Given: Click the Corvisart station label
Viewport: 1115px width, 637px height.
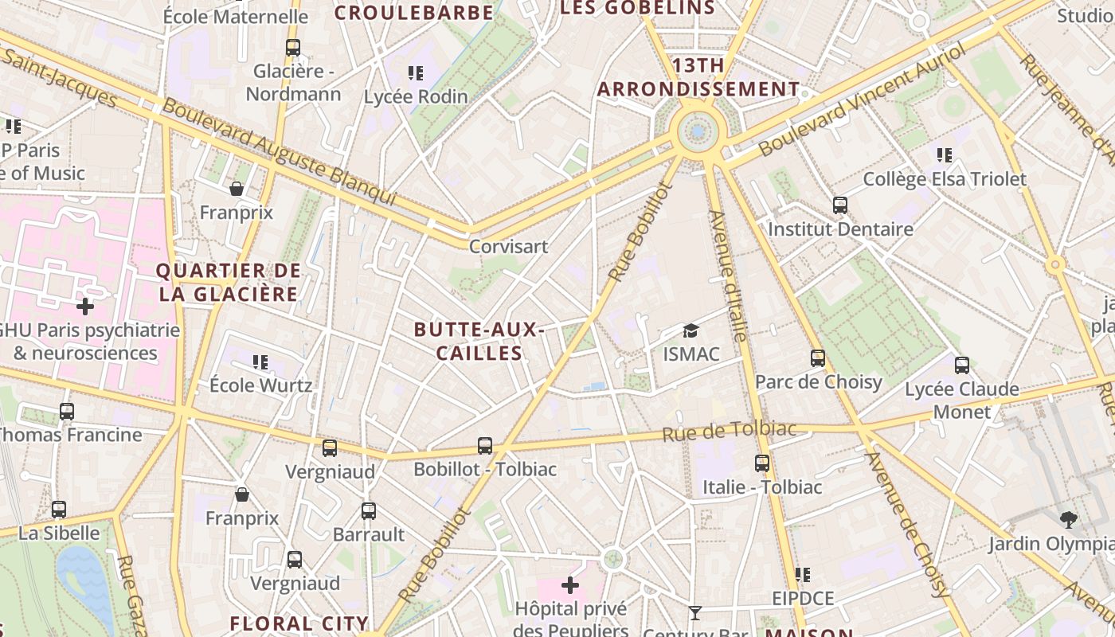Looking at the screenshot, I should [x=508, y=246].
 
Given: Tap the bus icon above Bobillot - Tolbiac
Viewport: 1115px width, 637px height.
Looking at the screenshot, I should [x=485, y=446].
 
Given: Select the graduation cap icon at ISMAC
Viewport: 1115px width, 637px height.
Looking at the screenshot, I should [x=691, y=330].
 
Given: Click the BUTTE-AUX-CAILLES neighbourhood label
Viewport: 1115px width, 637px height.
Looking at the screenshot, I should [x=479, y=341].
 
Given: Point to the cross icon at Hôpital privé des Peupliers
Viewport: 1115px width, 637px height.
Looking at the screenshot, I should [x=570, y=586].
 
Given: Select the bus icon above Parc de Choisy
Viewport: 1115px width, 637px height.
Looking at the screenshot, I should [x=818, y=358].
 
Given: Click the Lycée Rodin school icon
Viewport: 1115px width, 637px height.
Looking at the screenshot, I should [x=416, y=73].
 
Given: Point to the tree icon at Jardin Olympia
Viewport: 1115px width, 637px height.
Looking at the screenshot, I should [x=1069, y=520].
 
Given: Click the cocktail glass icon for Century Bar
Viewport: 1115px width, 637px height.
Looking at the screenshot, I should [x=695, y=612].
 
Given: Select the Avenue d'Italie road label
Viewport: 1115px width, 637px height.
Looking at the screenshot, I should [x=727, y=276].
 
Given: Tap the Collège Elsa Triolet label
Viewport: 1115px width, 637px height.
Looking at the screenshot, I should [x=945, y=179].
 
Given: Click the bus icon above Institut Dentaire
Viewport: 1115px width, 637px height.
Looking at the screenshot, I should [x=840, y=205].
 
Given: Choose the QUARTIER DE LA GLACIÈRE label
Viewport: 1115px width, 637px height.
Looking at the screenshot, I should [x=229, y=282].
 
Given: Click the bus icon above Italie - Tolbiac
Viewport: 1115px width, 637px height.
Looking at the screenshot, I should [x=762, y=463].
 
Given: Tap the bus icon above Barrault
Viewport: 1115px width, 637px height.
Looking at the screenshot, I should [x=368, y=511].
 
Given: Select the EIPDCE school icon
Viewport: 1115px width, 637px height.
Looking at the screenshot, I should [x=803, y=575].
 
